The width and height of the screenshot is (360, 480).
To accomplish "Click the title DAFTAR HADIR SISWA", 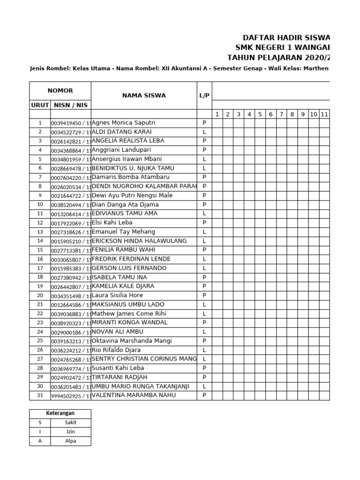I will point(286,37).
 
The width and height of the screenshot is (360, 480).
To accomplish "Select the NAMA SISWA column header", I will point(144,96).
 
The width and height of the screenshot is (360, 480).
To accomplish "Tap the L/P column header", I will point(204,96).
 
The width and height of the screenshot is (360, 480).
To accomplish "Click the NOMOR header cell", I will point(60,90).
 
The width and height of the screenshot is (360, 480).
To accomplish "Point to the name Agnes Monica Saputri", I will point(123,123).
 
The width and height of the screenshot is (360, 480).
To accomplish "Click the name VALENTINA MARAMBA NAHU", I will point(134,395).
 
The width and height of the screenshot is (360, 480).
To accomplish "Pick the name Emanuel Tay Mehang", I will point(123,232).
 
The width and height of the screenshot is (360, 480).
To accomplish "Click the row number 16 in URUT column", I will point(40,259).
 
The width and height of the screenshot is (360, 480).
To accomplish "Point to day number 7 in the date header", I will point(281,114).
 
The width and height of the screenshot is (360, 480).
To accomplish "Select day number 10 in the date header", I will point(314,114).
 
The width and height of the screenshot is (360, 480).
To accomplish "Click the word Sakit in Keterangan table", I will point(71,422).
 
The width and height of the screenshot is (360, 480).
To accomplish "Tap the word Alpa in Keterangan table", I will point(71,441).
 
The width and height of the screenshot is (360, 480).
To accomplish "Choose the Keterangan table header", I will point(60,413).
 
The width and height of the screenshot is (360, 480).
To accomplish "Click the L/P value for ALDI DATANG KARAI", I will point(204,132).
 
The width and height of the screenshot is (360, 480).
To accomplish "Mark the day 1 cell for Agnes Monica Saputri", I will point(217,123).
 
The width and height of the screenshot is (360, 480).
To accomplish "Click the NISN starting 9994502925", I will point(70,396).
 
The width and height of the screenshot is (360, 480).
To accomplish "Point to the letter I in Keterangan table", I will point(40,432).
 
